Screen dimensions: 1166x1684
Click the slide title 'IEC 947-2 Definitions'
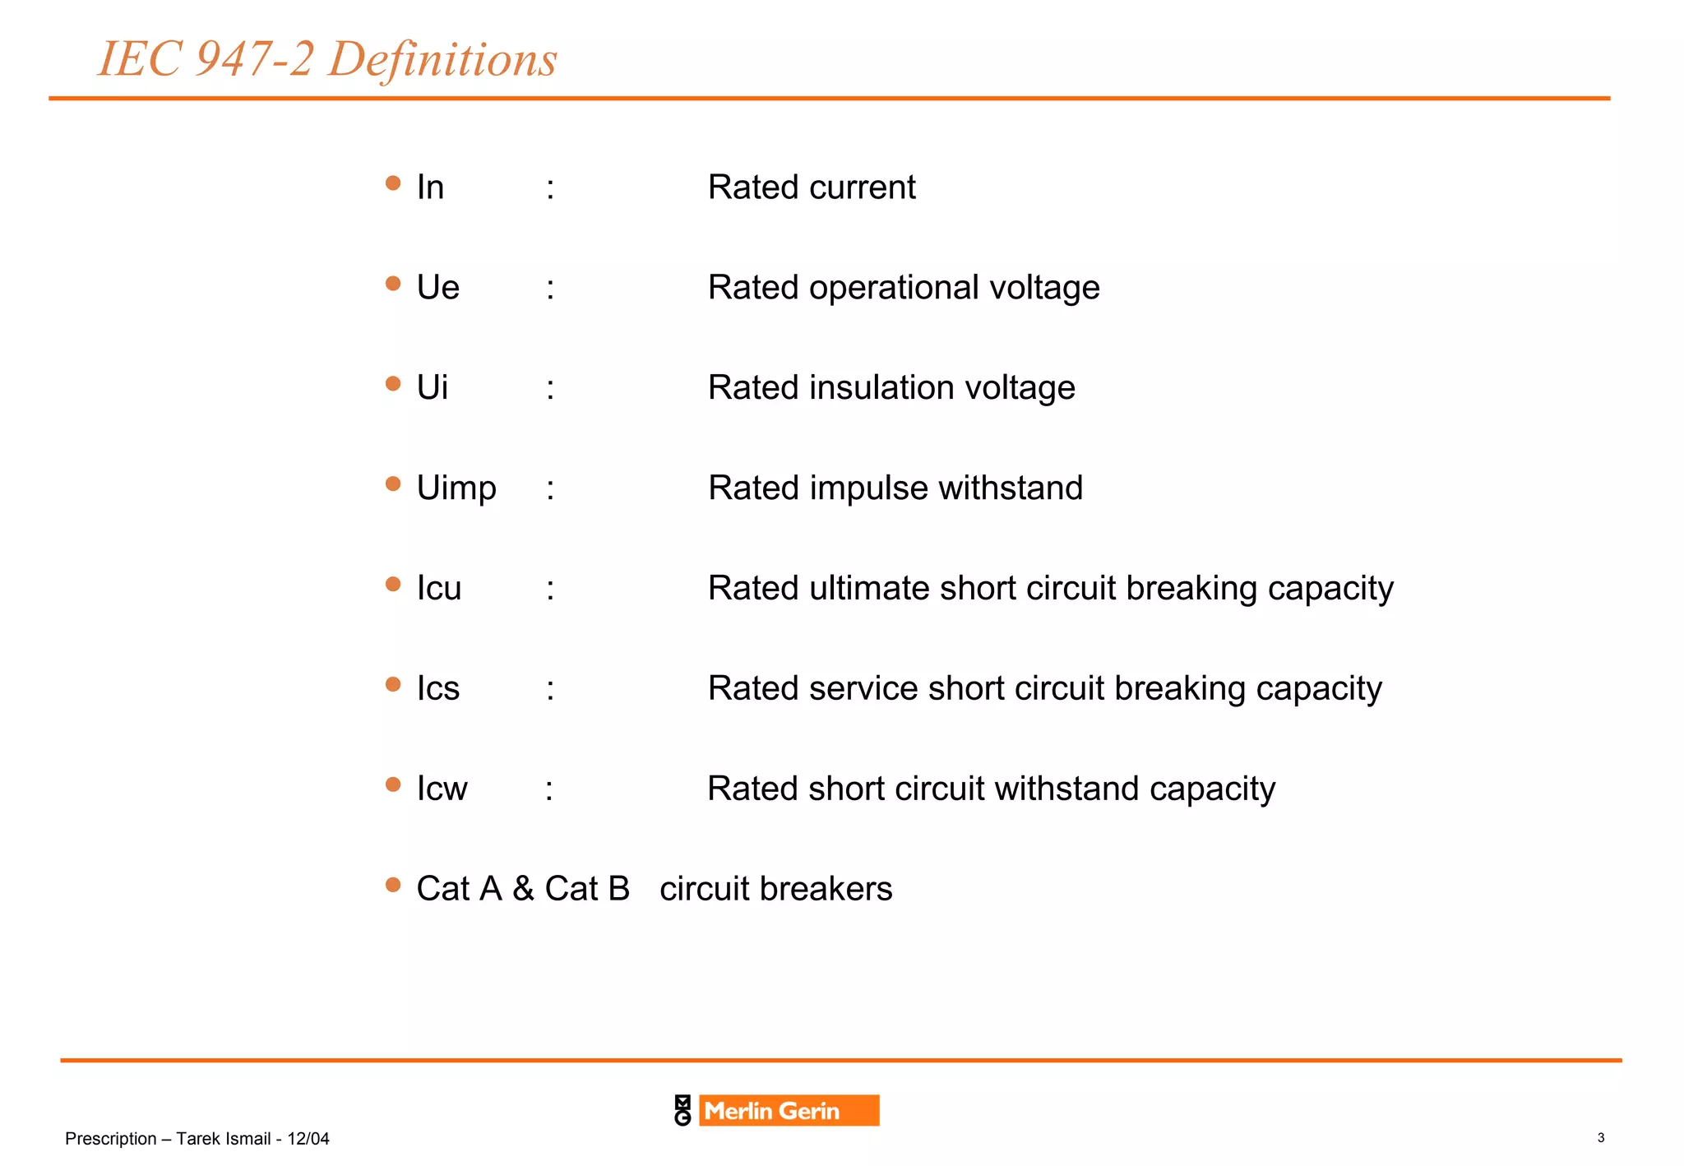(327, 59)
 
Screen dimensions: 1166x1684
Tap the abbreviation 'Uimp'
(456, 488)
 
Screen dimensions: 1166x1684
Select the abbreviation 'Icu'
(439, 589)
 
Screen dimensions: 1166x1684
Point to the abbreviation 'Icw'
(442, 789)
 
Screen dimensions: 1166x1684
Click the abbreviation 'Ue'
(437, 288)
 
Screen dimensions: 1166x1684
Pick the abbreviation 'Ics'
(437, 688)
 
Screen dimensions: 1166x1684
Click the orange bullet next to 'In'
(393, 183)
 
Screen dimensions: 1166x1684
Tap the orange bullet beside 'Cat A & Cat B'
(393, 885)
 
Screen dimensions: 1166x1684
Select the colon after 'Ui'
(550, 388)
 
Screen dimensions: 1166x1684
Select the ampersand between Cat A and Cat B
(523, 889)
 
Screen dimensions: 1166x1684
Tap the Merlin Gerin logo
(776, 1110)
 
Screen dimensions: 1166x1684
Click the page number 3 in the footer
(1600, 1138)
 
